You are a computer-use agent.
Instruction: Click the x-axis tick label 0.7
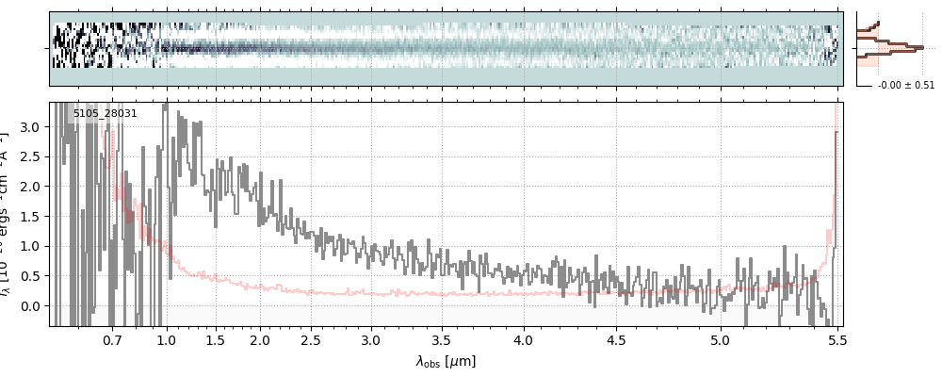(112, 339)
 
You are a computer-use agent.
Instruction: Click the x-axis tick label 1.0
(166, 339)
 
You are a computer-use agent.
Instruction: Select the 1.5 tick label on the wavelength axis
(215, 339)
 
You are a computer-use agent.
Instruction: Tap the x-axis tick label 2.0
(260, 339)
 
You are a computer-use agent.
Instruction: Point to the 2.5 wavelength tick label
(311, 339)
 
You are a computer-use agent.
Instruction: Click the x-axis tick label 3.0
(371, 339)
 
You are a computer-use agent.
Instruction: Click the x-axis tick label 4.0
(523, 339)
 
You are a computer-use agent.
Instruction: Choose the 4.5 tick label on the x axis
(614, 339)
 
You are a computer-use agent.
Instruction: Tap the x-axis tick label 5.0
(720, 339)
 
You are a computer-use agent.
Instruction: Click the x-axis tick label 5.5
(835, 339)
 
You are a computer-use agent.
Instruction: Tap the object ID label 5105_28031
(106, 113)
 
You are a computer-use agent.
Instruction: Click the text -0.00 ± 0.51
(906, 85)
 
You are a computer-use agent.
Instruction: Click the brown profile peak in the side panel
(918, 47)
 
